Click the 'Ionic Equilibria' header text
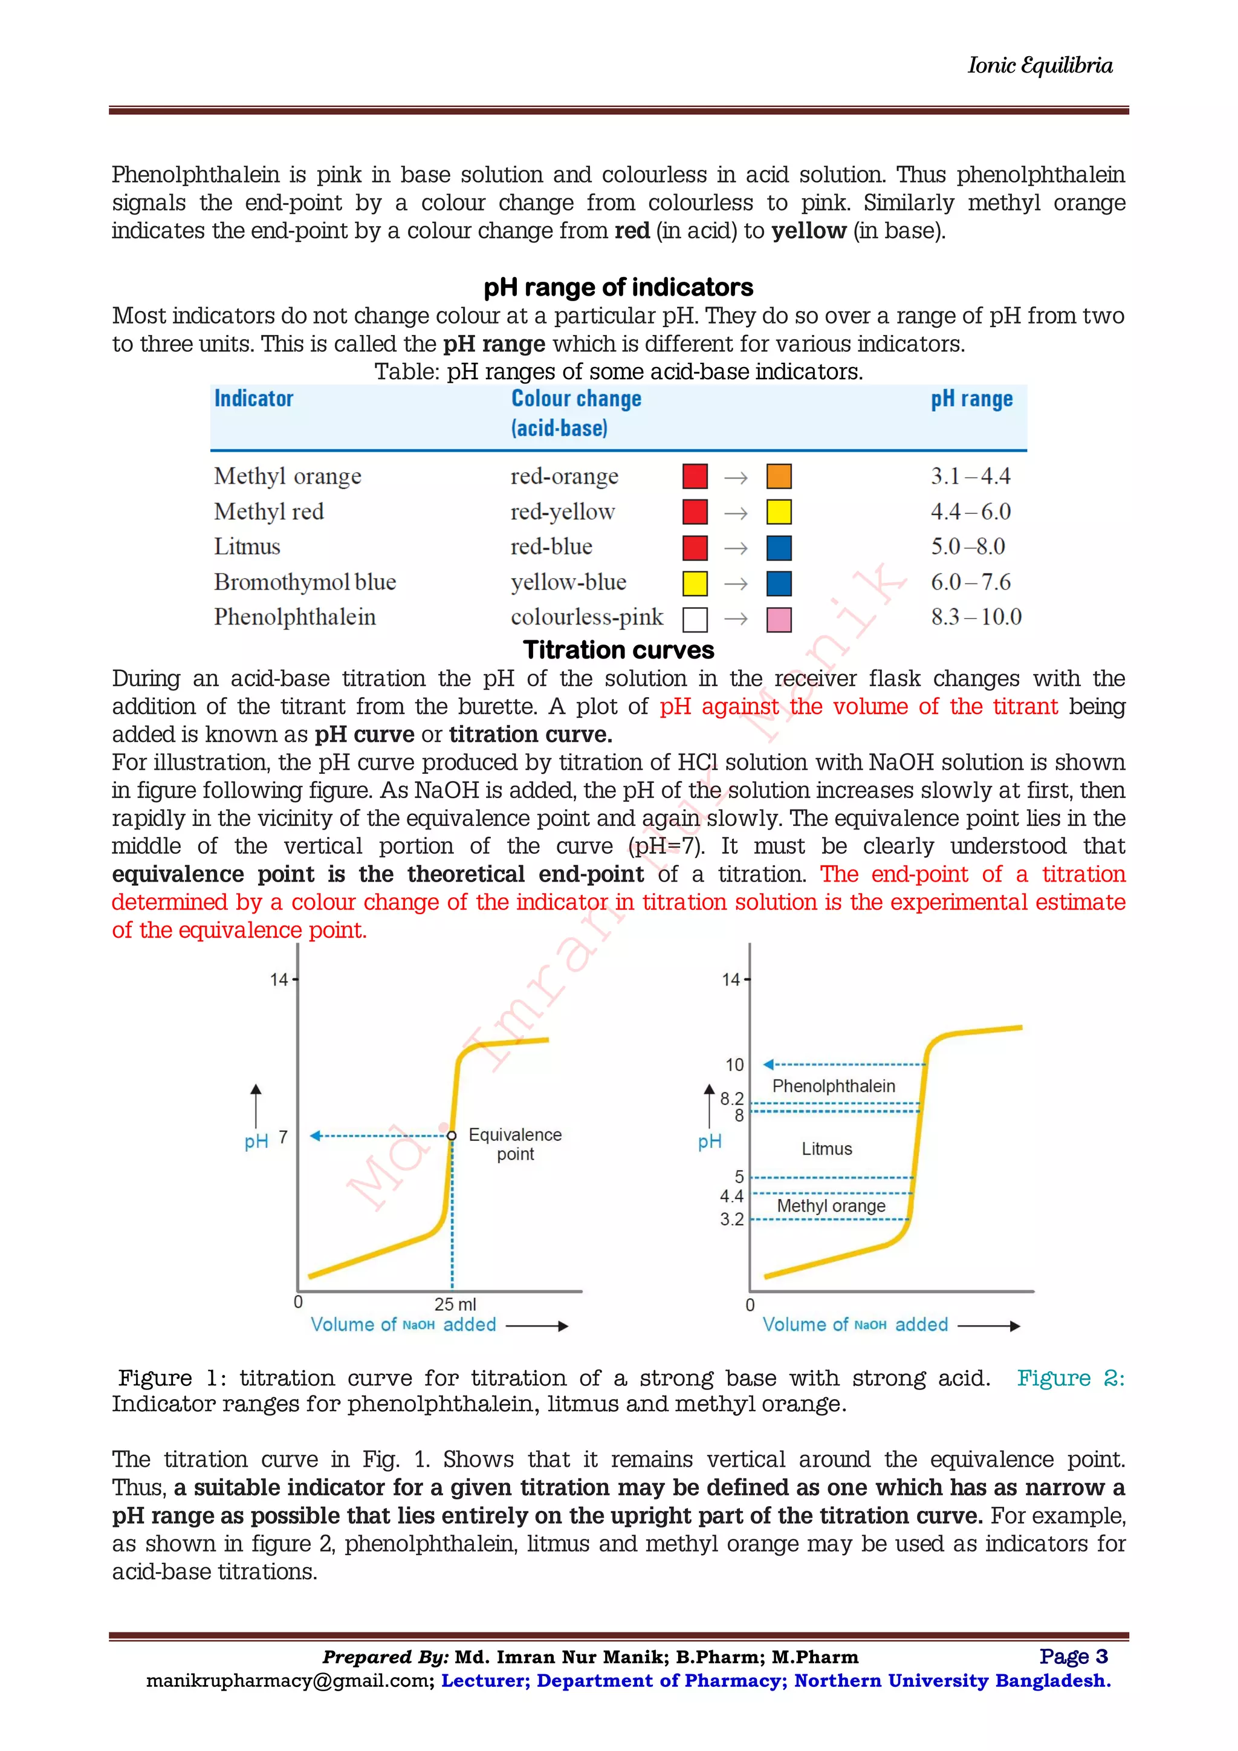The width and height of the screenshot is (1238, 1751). tap(1039, 65)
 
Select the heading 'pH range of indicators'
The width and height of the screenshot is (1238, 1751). tap(618, 288)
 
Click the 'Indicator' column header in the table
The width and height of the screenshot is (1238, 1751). tap(253, 399)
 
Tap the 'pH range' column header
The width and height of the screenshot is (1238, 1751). tap(971, 399)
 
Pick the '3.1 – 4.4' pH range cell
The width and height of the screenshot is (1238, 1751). tap(970, 476)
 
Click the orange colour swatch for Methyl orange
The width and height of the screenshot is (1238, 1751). tap(779, 476)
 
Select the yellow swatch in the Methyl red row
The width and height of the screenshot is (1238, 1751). tap(779, 512)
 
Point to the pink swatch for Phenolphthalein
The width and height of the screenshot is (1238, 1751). tap(779, 619)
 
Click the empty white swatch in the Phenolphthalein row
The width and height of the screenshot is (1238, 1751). tap(695, 619)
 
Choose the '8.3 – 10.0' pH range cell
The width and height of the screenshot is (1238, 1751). tap(976, 617)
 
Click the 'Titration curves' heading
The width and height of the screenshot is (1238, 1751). tap(618, 651)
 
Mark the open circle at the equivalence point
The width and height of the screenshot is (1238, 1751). tap(452, 1135)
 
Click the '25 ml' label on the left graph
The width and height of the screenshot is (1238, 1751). tap(455, 1304)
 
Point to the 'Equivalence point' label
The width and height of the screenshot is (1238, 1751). tap(515, 1144)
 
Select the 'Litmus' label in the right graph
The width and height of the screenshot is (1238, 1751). tap(826, 1149)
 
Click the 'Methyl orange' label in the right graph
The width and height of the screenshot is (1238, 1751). tap(831, 1206)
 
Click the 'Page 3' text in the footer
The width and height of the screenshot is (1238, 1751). tap(1074, 1657)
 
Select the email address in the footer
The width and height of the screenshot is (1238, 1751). tap(290, 1681)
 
